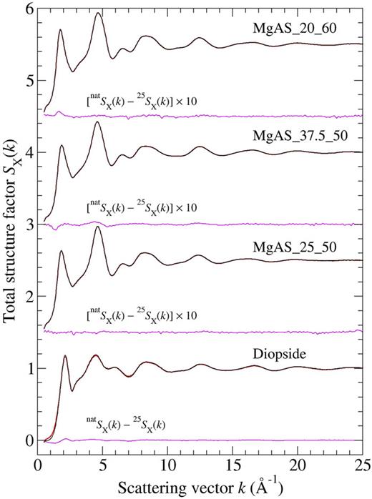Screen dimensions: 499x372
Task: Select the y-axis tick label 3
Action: click(x=29, y=224)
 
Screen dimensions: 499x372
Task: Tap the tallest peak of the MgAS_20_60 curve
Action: click(x=98, y=13)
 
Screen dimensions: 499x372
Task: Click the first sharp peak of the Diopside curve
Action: click(x=65, y=355)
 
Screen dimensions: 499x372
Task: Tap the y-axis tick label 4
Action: click(x=29, y=152)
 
